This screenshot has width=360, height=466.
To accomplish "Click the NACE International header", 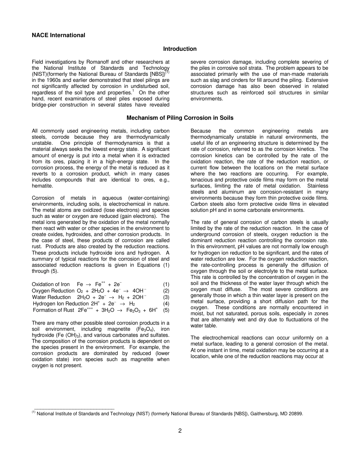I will click(x=58, y=35).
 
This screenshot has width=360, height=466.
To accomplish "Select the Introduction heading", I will click(x=180, y=49).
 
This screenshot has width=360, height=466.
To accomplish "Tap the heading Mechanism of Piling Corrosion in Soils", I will click(x=180, y=118).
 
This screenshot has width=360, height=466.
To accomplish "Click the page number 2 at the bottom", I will click(x=180, y=430).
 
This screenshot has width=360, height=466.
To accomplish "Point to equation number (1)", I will click(x=166, y=285).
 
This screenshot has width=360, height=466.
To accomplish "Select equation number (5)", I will click(x=166, y=310).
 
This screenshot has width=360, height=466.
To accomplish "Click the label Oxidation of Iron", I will click(x=51, y=285).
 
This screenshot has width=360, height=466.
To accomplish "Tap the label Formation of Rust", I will click(x=53, y=310).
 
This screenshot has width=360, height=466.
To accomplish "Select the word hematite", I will click(x=42, y=186).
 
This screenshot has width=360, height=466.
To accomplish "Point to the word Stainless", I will click(x=318, y=186).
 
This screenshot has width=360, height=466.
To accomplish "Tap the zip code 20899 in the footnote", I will click(x=296, y=414).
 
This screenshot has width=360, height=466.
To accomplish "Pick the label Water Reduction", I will click(x=52, y=297).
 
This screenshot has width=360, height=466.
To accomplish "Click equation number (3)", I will click(x=166, y=297).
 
